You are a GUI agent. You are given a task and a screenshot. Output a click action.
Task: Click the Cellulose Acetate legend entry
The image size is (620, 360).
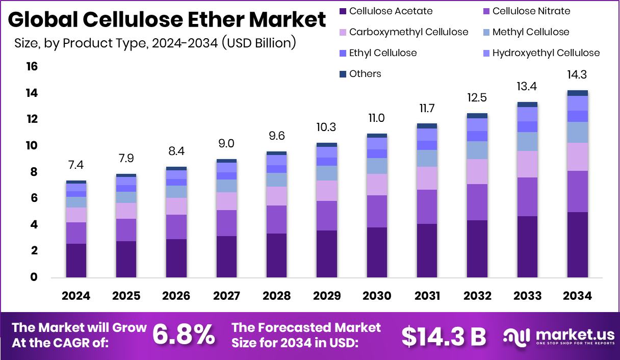pyautogui.click(x=391, y=11)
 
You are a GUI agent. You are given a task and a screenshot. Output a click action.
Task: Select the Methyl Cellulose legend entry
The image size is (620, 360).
pyautogui.click(x=530, y=32)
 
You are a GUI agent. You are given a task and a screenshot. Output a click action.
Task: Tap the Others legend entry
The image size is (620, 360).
pyautogui.click(x=365, y=73)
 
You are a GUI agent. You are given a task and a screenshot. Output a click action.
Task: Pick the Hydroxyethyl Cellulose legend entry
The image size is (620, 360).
pyautogui.click(x=546, y=53)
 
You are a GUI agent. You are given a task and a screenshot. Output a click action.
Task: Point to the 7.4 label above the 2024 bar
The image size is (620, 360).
pyautogui.click(x=76, y=165)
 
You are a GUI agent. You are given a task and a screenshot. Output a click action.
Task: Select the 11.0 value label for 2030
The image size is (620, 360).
pyautogui.click(x=377, y=118)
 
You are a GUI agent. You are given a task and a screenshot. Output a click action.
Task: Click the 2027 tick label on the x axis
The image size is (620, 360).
pyautogui.click(x=226, y=296)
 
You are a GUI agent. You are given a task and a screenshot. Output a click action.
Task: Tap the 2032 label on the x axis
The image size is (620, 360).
pyautogui.click(x=477, y=296)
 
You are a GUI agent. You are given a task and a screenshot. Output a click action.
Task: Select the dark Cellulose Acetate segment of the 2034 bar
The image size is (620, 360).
pyautogui.click(x=578, y=245)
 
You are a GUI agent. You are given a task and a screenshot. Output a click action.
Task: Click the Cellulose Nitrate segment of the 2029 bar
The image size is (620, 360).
pyautogui.click(x=326, y=216)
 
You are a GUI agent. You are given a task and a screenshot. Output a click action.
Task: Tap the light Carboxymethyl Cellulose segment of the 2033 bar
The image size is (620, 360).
pyautogui.click(x=528, y=164)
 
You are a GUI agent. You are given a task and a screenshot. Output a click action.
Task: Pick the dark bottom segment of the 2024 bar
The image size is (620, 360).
pyautogui.click(x=76, y=261)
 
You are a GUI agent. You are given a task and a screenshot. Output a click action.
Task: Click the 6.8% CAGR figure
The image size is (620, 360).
pyautogui.click(x=184, y=335)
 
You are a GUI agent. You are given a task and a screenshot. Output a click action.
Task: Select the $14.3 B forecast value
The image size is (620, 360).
pyautogui.click(x=443, y=336)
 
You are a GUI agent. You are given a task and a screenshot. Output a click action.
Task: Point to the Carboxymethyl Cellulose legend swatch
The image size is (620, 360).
pyautogui.click(x=343, y=32)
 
